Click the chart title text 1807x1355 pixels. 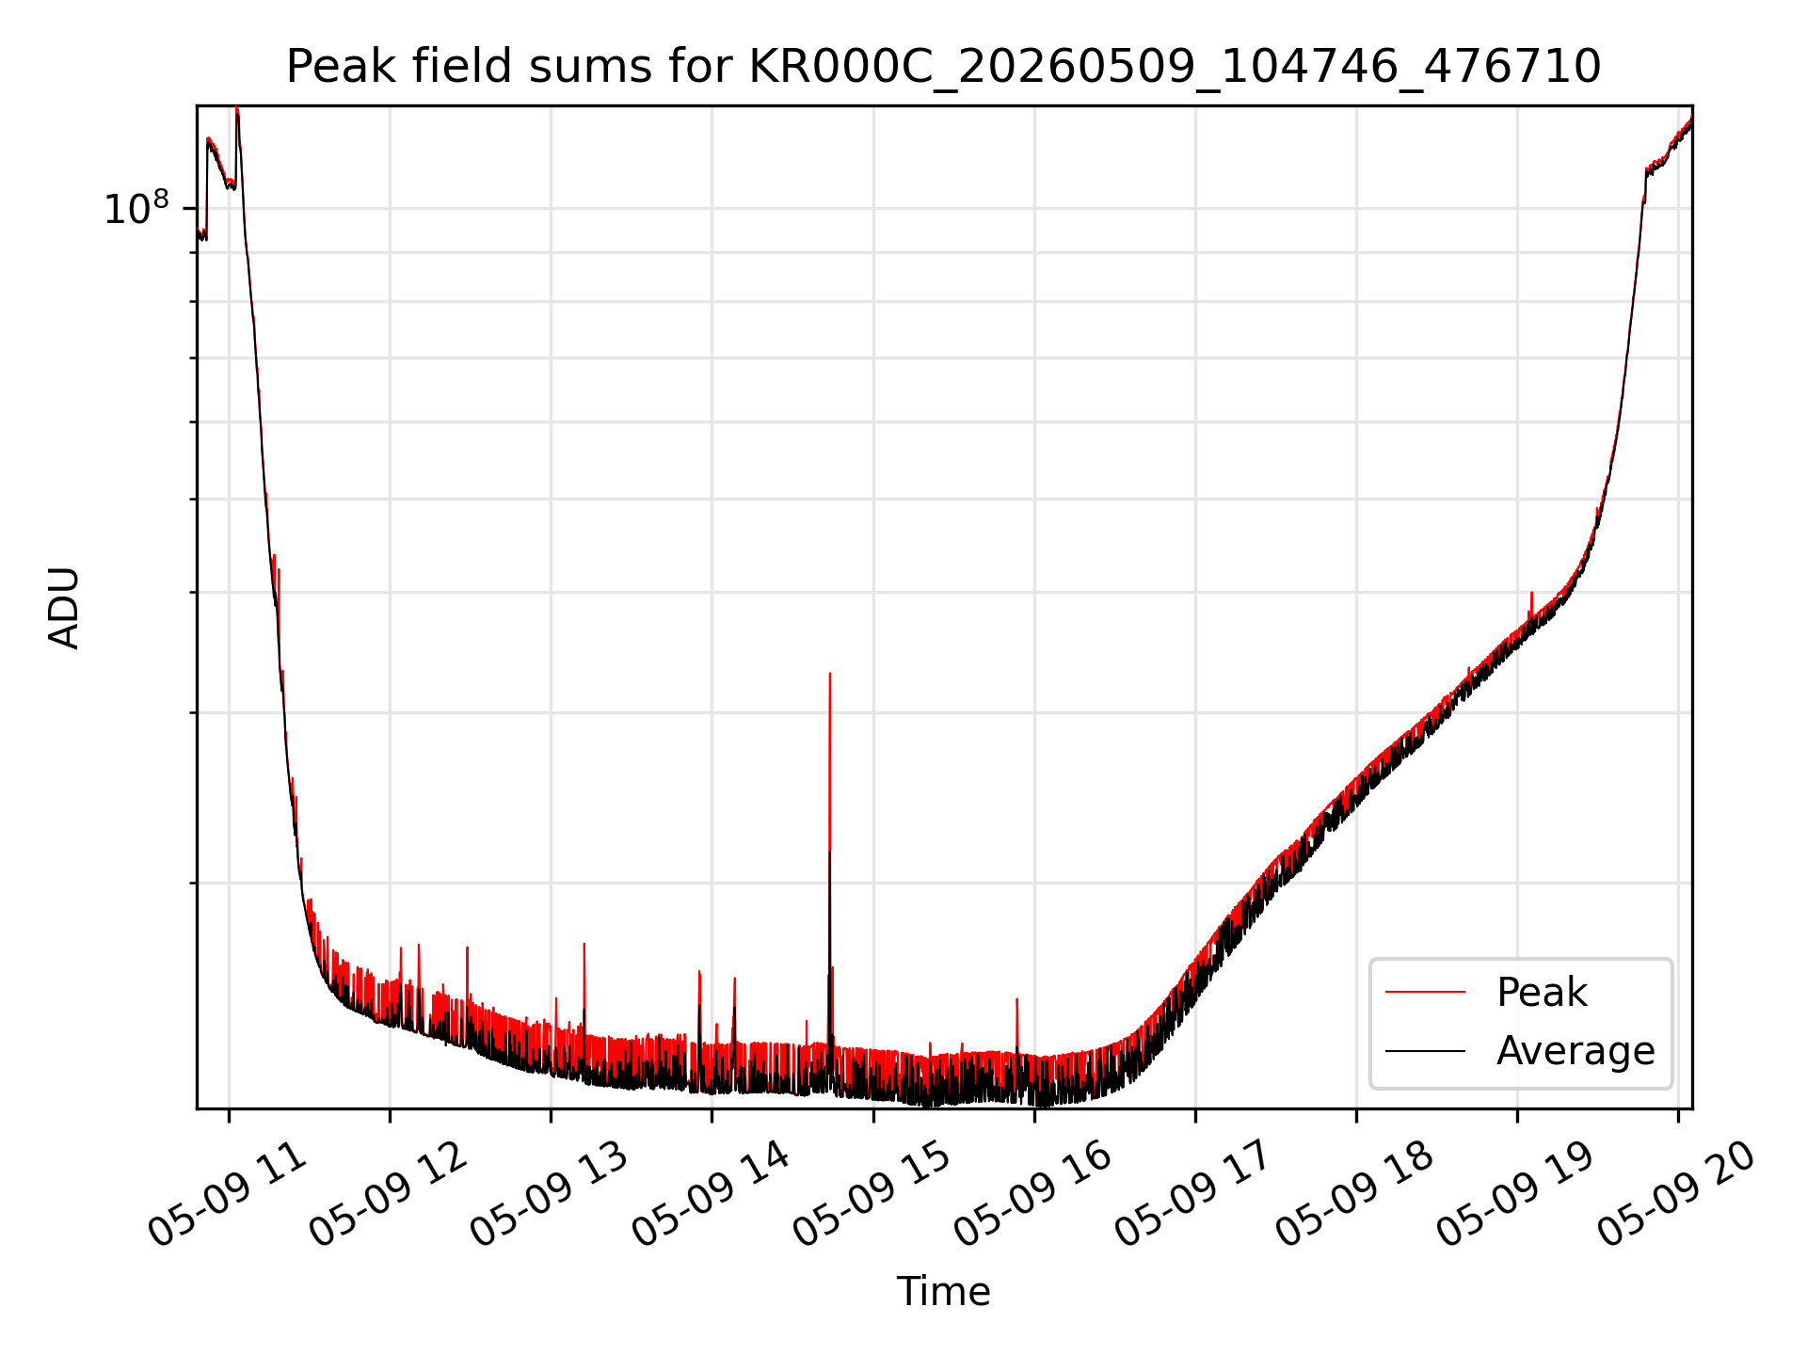pyautogui.click(x=943, y=67)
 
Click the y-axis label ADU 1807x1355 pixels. pyautogui.click(x=64, y=608)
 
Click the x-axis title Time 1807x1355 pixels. pyautogui.click(x=943, y=1292)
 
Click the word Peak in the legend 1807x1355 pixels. pyautogui.click(x=1542, y=993)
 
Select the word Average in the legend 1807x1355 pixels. pyautogui.click(x=1575, y=1051)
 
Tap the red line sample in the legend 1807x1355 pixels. pyautogui.click(x=1425, y=992)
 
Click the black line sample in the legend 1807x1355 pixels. pyautogui.click(x=1425, y=1050)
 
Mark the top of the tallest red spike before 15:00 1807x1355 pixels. pyautogui.click(x=829, y=673)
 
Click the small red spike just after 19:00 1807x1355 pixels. pyautogui.click(x=1531, y=602)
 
